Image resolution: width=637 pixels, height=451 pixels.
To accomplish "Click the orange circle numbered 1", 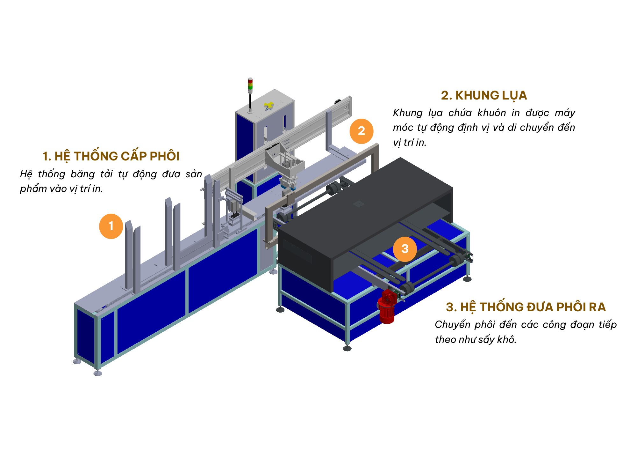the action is coord(111,226).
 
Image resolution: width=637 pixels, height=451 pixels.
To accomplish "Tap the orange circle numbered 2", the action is coord(361,131).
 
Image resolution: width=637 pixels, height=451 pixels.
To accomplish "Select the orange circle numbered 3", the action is coord(405,249).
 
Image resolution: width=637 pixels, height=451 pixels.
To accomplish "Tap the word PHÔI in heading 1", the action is coord(164,156).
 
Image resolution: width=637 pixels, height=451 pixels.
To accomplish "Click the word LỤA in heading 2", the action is coord(514,96).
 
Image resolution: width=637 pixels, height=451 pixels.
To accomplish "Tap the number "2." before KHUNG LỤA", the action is coord(447,95).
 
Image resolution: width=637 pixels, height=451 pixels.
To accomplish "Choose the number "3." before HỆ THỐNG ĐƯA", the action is coord(451,307).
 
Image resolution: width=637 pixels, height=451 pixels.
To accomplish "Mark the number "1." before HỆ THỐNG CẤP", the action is coord(47,156).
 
